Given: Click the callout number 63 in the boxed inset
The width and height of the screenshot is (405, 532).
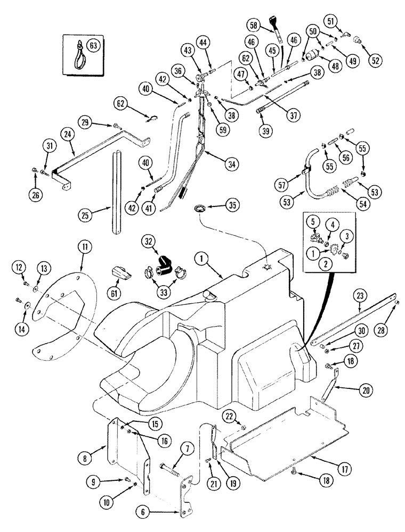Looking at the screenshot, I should point(94,46).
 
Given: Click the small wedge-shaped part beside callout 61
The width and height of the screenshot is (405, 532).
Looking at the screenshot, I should point(122,273).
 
